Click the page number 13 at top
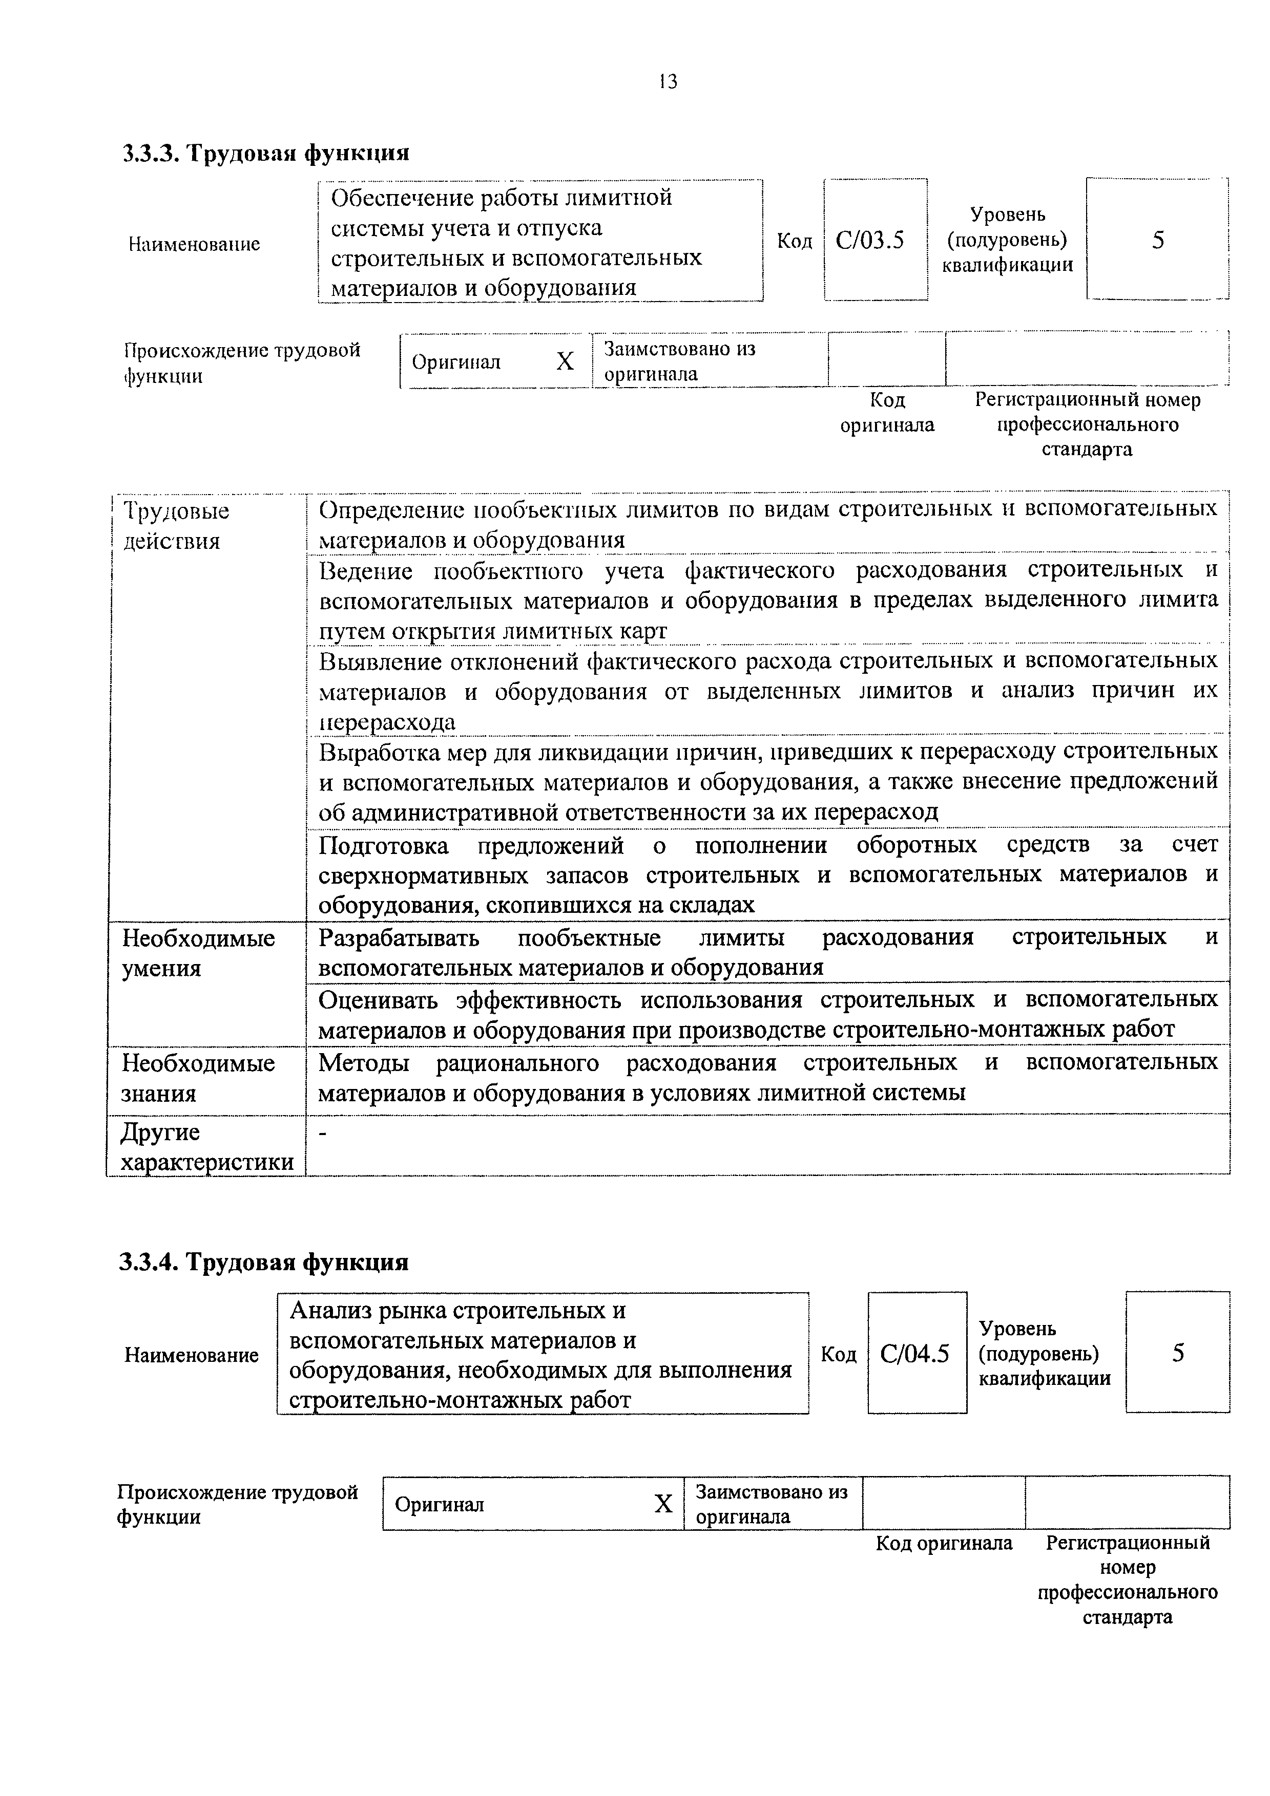point(668,81)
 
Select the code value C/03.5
point(869,240)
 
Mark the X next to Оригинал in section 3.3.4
point(663,1504)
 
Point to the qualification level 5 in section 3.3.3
point(1157,240)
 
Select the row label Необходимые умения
point(198,953)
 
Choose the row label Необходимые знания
point(198,1078)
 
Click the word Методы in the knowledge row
point(363,1062)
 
